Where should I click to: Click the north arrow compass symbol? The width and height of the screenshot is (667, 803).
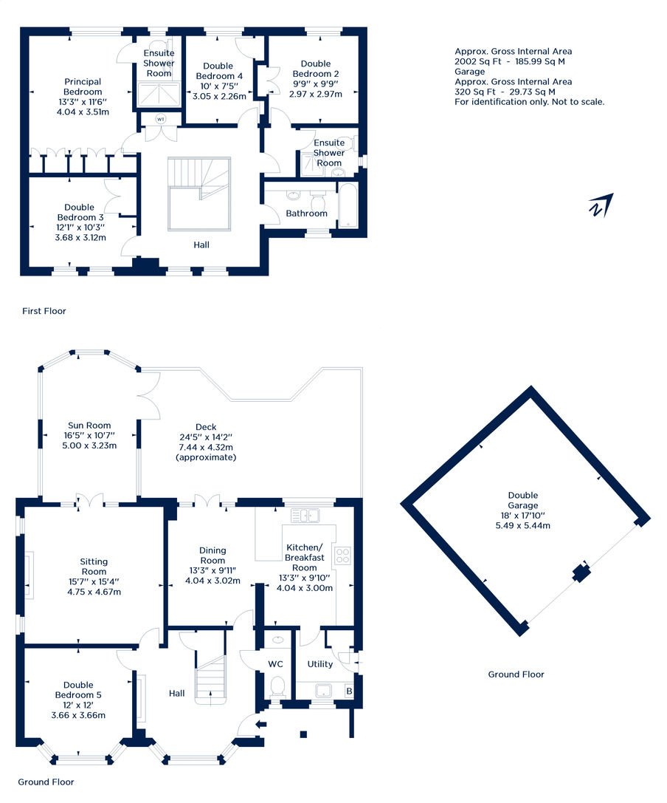coord(601,205)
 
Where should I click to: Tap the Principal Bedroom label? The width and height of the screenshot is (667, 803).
coord(83,86)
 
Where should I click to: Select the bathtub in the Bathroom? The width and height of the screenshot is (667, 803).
coord(348,205)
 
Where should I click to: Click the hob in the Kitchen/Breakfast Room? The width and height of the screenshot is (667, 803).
coord(342,556)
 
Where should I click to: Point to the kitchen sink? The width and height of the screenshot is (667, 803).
coord(305,515)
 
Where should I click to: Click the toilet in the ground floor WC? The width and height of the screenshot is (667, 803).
coord(277,686)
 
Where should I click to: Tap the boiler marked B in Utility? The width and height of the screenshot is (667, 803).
coord(349,691)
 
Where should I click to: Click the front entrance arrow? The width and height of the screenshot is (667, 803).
coord(261,724)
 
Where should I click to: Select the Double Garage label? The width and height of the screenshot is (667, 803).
coord(523,500)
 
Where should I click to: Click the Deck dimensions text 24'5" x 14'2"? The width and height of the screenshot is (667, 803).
coord(206,437)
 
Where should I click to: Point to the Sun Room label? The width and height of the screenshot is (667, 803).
coord(89,425)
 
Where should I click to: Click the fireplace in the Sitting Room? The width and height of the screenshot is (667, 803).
coord(30,575)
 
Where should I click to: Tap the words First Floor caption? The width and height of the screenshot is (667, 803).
coord(44,311)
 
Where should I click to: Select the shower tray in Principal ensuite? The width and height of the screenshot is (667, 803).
coord(159,94)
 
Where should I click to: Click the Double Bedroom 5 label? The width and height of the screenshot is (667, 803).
coord(78,690)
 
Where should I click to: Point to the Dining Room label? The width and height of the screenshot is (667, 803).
coord(212,555)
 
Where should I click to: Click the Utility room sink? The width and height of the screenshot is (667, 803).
coord(324,691)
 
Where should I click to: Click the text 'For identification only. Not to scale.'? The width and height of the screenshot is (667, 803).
coord(530,102)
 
